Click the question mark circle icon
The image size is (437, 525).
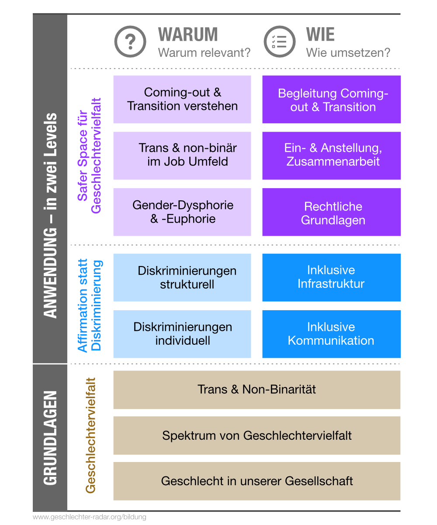coord(130,42)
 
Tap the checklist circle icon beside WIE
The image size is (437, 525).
coord(279,42)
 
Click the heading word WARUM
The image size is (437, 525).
coord(188,35)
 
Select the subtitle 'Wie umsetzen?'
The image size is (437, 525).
coord(348,53)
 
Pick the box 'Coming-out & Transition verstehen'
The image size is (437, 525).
coord(182,99)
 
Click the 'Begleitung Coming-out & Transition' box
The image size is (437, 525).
coord(331,99)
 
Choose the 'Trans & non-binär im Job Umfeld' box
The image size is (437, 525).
coord(182,155)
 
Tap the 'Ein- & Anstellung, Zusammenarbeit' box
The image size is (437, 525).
coord(331,155)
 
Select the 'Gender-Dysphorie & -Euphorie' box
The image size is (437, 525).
coord(182,212)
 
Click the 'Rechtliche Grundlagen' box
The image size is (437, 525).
coord(331,212)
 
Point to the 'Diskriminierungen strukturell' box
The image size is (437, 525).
coord(182,277)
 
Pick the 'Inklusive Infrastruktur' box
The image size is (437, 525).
coord(331,277)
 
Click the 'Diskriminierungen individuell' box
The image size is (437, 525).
coord(182,334)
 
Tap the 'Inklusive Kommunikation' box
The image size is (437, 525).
coord(331,334)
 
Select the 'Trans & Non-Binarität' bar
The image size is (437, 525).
coord(257,389)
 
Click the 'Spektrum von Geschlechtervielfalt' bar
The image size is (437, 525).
coord(257,435)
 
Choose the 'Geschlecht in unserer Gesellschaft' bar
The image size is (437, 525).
coord(257,481)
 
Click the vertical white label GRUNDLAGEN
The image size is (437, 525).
coord(50,437)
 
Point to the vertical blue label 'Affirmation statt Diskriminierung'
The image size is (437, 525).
coord(89,305)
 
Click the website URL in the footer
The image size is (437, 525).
coord(90,517)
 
